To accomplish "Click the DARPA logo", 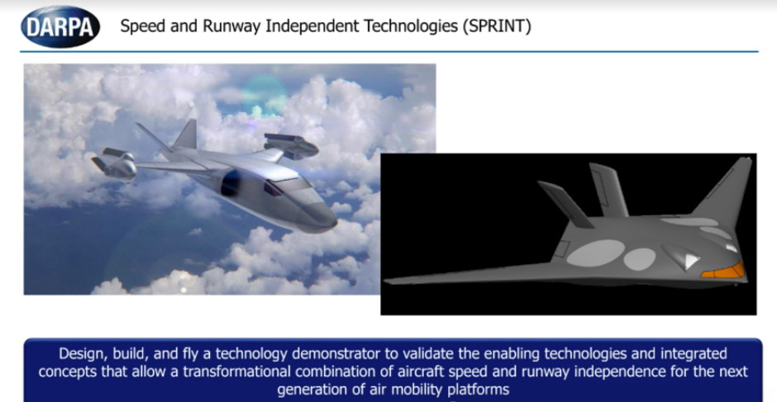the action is tap(60, 26).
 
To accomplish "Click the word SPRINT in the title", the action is tap(497, 26).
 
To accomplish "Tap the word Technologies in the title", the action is tap(410, 26).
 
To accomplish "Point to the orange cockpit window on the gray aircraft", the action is tap(724, 271).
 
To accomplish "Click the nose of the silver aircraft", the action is tap(333, 224).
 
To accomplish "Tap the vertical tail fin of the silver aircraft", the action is tap(186, 134).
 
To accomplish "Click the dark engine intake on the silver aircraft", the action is tap(231, 182).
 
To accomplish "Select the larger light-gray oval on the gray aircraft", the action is tap(595, 253).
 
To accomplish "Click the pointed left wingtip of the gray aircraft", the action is tap(386, 281).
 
